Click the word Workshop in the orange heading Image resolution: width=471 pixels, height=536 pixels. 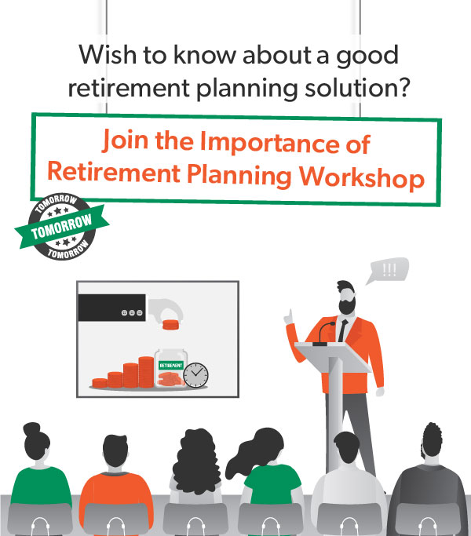coord(362,177)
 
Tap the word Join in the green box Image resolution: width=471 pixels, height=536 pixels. coord(126,140)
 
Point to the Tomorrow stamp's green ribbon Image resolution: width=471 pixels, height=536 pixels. coord(62,226)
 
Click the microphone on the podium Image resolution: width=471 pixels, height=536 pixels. coord(324,334)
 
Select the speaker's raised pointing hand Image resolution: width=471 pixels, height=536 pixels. coord(289,317)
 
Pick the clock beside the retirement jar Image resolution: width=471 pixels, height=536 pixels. coord(195,375)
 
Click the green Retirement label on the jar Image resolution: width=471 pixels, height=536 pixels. coord(170,366)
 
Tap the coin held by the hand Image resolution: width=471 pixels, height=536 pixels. coord(170,325)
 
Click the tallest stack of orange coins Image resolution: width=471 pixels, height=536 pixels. coord(146,372)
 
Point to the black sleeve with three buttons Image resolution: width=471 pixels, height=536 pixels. coord(111,308)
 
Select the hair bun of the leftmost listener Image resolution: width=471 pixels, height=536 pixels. coord(31,428)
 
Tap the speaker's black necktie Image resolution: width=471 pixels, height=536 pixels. coord(343,330)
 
